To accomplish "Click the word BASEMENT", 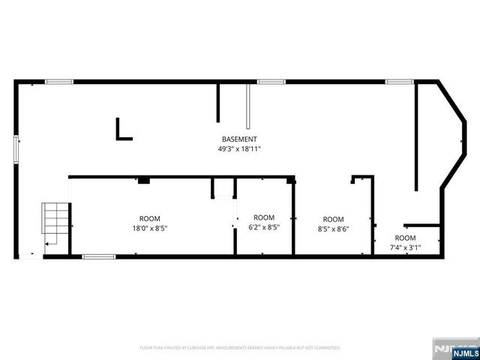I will click(239, 139).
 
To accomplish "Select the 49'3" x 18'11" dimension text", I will click(239, 149).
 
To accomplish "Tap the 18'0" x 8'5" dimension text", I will click(149, 228).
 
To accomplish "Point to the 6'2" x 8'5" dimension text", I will click(264, 228).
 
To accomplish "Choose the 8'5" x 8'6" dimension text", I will click(333, 229).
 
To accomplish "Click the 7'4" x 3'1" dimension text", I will click(405, 247).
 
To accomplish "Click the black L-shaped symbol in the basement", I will click(123, 129).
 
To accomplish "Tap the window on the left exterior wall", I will click(16, 147).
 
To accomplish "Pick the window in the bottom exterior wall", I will click(98, 256).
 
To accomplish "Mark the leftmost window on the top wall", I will click(58, 81).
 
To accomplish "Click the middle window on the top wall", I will click(271, 81).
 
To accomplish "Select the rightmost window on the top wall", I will click(400, 81).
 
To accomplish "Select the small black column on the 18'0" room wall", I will click(143, 180).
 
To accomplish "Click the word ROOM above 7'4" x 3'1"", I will click(405, 238).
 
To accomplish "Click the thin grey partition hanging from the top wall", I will click(247, 105).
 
